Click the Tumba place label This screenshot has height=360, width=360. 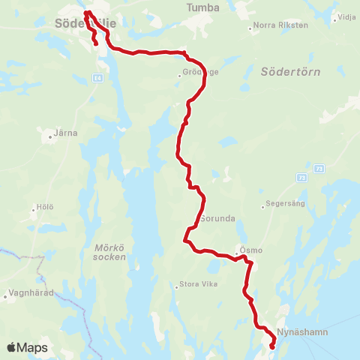click(205, 7)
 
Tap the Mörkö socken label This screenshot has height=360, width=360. click(112, 251)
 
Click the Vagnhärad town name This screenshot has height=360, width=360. click(30, 293)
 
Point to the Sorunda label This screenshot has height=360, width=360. click(218, 220)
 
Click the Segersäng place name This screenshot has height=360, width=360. click(288, 204)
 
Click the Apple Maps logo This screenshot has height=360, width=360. click(27, 348)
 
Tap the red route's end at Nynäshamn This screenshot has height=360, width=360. click(271, 346)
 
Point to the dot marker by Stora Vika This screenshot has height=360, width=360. click(175, 285)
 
